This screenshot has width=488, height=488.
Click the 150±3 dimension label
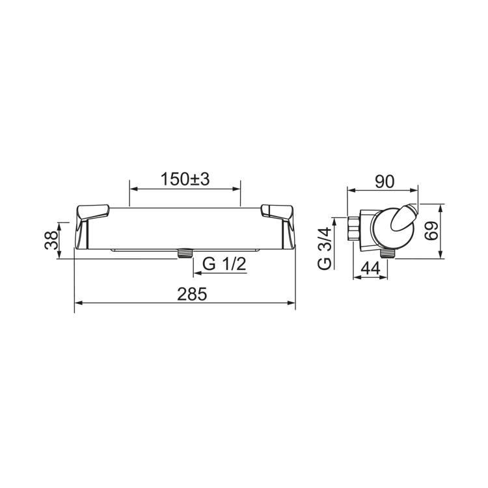[185, 180]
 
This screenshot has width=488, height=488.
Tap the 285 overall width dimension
[192, 294]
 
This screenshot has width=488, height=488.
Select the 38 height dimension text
[51, 240]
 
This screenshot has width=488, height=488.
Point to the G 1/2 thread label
[224, 265]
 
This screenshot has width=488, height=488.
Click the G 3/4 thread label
[324, 249]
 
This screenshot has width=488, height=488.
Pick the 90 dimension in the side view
[385, 182]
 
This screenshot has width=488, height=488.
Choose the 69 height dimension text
[431, 230]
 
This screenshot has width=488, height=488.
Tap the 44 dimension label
[370, 268]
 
